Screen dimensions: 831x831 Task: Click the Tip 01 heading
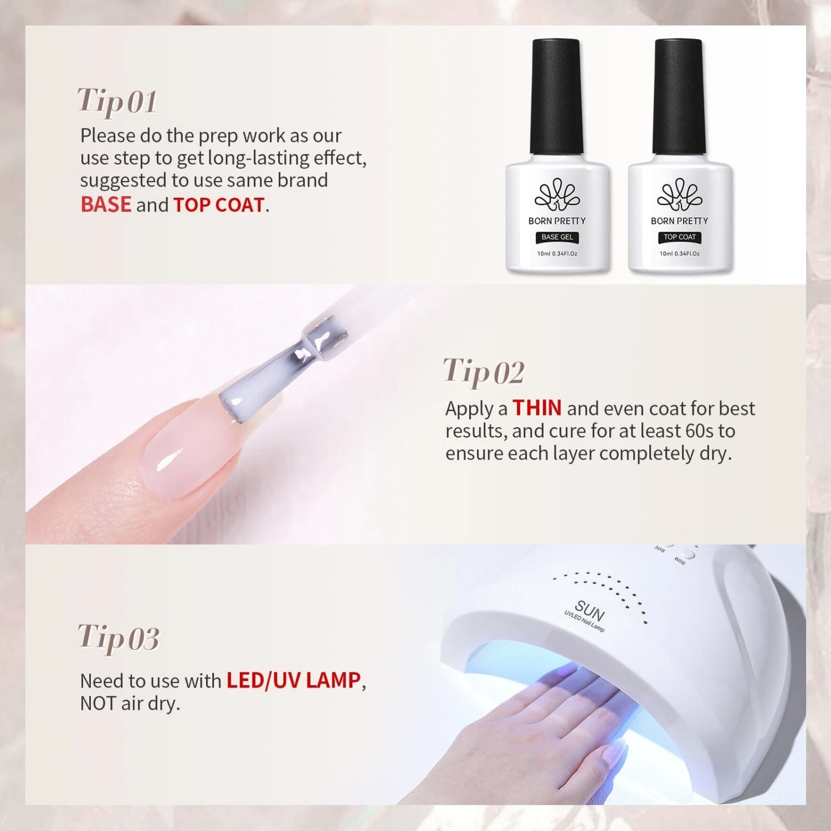[117, 102]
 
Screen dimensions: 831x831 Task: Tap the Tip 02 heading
[484, 372]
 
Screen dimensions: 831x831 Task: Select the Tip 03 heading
[119, 638]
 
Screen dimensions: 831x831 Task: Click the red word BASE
[106, 204]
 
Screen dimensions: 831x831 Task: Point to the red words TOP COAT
[219, 205]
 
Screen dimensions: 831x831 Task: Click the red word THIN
[537, 408]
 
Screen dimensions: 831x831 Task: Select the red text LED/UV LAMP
[294, 680]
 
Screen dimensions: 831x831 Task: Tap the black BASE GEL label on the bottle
[557, 237]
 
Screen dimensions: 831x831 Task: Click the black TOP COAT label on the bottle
[680, 237]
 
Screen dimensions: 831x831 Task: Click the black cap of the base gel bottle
[556, 96]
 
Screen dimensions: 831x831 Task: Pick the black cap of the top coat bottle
[679, 96]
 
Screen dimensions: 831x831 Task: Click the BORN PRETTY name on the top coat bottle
[680, 221]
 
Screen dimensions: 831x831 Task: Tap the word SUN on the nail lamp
[590, 611]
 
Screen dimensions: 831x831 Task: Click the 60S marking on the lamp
[680, 561]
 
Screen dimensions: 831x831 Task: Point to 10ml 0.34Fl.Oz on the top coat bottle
[680, 254]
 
